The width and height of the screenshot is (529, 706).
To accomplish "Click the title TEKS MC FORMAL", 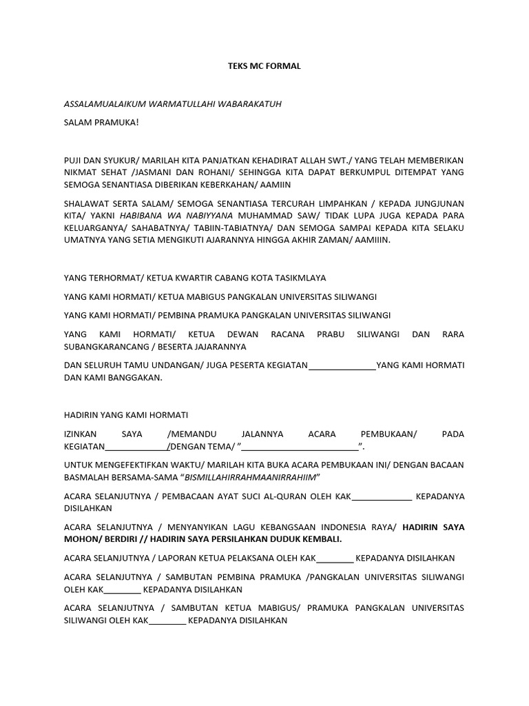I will click(x=264, y=67).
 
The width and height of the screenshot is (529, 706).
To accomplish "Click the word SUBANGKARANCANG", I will click(x=105, y=347).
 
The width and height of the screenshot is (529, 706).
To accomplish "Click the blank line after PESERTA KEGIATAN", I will click(x=342, y=365).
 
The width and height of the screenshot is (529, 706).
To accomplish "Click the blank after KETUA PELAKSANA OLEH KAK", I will click(x=335, y=558).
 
